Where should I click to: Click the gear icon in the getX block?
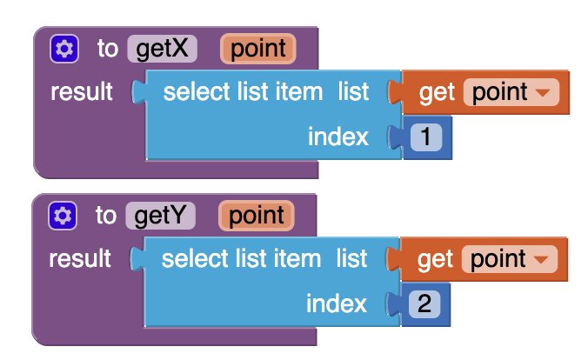click(64, 49)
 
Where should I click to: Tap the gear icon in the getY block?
click(63, 216)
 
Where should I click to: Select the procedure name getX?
click(162, 49)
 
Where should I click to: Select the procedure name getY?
click(160, 216)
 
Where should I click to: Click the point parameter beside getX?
click(258, 49)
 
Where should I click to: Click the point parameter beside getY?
click(257, 216)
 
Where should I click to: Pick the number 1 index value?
click(426, 137)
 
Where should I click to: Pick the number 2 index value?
click(424, 303)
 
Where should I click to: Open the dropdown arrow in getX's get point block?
click(543, 92)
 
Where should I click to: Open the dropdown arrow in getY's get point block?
click(542, 259)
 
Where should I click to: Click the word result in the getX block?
click(82, 91)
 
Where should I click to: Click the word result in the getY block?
click(80, 258)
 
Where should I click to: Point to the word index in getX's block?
click(338, 137)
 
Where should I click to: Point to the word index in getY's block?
click(337, 303)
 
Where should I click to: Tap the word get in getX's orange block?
click(437, 93)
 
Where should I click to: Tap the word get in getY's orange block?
click(436, 260)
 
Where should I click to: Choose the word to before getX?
click(108, 49)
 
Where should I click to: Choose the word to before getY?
click(106, 216)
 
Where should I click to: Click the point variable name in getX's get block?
click(500, 92)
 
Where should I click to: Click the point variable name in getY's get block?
click(498, 259)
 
